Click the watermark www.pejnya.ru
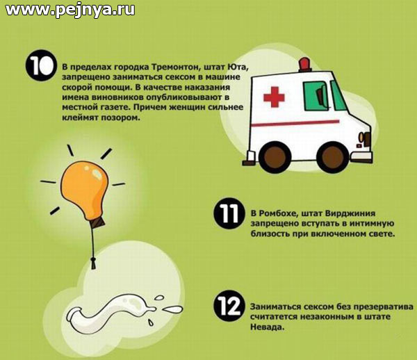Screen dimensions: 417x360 (70, 10)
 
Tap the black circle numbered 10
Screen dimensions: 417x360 (41, 65)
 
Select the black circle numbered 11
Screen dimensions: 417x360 (229, 213)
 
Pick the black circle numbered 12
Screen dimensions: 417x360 (229, 306)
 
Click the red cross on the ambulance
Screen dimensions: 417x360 (274, 97)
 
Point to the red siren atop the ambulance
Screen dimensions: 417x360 (305, 65)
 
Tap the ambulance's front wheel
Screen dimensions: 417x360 (332, 157)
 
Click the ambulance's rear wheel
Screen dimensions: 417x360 (275, 157)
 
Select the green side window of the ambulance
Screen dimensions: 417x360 (316, 96)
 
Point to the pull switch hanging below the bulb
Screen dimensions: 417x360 (93, 263)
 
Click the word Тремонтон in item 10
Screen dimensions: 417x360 (175, 67)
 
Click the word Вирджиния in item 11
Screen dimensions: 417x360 (350, 213)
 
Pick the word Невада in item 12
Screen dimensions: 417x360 (268, 327)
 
